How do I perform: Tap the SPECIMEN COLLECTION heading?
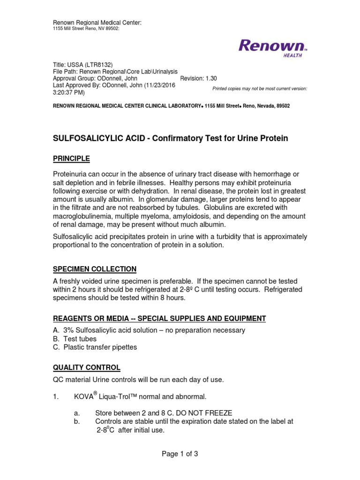pos(94,269)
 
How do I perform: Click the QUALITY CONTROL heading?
pos(86,367)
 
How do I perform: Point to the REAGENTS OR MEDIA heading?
pos(159,318)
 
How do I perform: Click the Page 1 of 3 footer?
pos(180,454)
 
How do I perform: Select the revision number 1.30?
pos(209,79)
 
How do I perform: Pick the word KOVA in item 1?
pos(83,397)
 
